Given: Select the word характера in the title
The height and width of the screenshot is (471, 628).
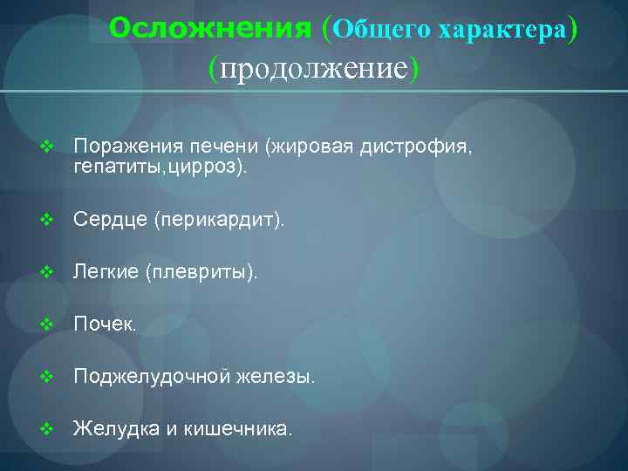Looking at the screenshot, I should [x=502, y=31].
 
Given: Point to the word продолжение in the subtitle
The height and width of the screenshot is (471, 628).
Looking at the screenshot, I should [x=313, y=68].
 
